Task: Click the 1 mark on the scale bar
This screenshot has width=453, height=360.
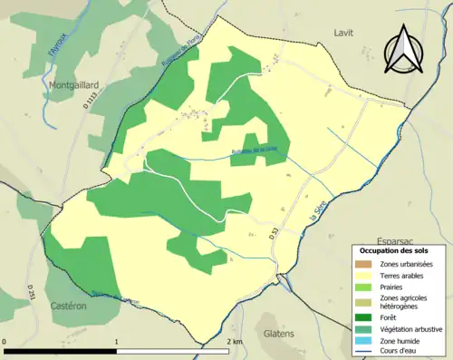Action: click(x=118, y=342)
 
